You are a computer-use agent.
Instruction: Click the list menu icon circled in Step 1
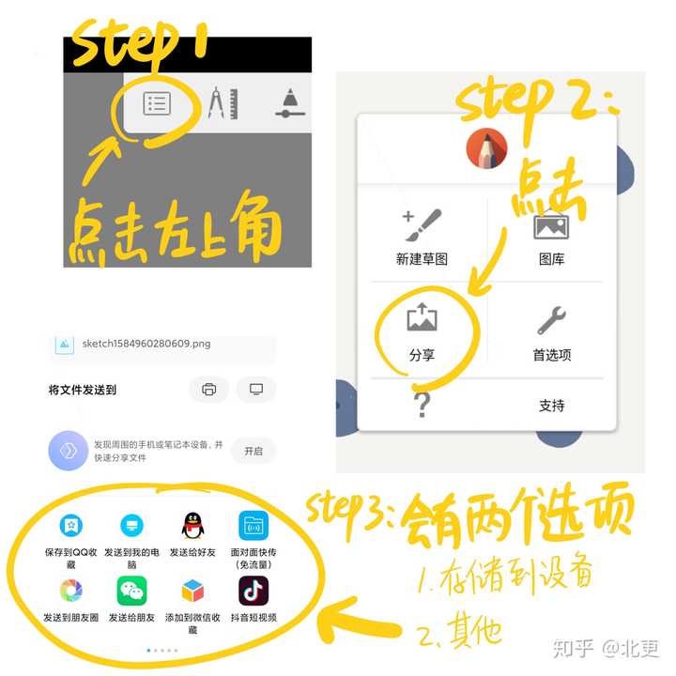157,103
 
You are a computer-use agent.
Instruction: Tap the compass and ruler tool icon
221,102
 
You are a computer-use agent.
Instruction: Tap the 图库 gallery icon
551,225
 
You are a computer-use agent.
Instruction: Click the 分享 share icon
422,319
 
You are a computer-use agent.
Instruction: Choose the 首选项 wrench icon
551,321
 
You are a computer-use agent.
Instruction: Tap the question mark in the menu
422,405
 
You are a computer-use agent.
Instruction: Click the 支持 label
551,406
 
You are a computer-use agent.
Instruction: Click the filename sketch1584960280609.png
146,344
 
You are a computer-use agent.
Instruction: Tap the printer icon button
208,390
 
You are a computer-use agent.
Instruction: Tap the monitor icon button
255,390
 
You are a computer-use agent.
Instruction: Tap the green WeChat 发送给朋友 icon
131,591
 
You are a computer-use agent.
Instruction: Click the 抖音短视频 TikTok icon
253,591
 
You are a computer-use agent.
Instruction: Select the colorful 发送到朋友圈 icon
70,591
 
